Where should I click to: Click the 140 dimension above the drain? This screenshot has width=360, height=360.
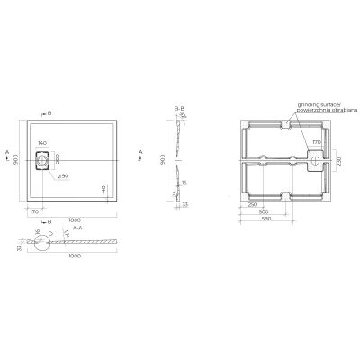pyautogui.click(x=43, y=143)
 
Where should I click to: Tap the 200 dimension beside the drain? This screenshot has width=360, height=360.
pyautogui.click(x=58, y=159)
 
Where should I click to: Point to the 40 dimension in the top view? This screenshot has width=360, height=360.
pyautogui.click(x=103, y=190)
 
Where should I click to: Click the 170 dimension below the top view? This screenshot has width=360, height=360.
pyautogui.click(x=33, y=211)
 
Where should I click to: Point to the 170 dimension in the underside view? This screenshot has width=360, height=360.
pyautogui.click(x=315, y=142)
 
